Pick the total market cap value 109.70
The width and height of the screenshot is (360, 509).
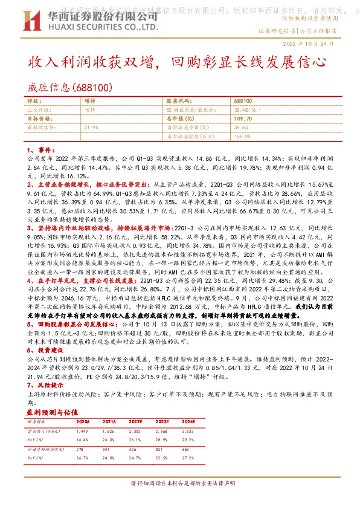243,119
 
